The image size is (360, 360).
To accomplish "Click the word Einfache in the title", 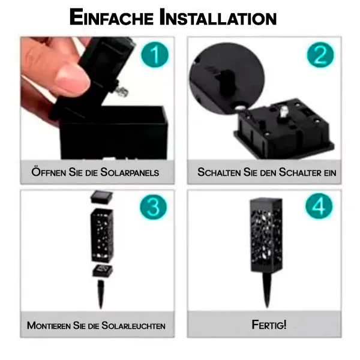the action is point(112,17).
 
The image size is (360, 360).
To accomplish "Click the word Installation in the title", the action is point(218,17).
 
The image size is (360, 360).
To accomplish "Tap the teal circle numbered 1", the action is point(155,55).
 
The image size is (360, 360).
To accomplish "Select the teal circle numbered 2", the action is point(320,55).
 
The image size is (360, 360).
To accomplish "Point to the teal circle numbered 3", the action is point(154,206).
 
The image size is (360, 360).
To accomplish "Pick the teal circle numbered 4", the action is point(319,206).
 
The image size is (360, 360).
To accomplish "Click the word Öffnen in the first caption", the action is point(49,172).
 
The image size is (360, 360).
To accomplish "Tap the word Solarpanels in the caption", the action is point(130,172).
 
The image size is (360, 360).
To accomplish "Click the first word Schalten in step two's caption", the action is point(219,172).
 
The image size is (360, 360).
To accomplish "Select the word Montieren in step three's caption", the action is point(49,326).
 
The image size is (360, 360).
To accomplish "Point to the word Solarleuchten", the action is point(133,326).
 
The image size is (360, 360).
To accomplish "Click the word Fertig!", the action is point(269,325).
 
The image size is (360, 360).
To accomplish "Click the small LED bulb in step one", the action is point(122,91).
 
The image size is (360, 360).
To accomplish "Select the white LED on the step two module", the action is point(283,113).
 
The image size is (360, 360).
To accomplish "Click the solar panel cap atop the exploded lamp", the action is point(102,197).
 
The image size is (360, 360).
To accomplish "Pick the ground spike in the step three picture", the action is point(101,294).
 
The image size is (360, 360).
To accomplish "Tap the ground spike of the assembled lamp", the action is point(267,290).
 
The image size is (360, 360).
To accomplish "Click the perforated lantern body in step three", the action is point(102,235).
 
